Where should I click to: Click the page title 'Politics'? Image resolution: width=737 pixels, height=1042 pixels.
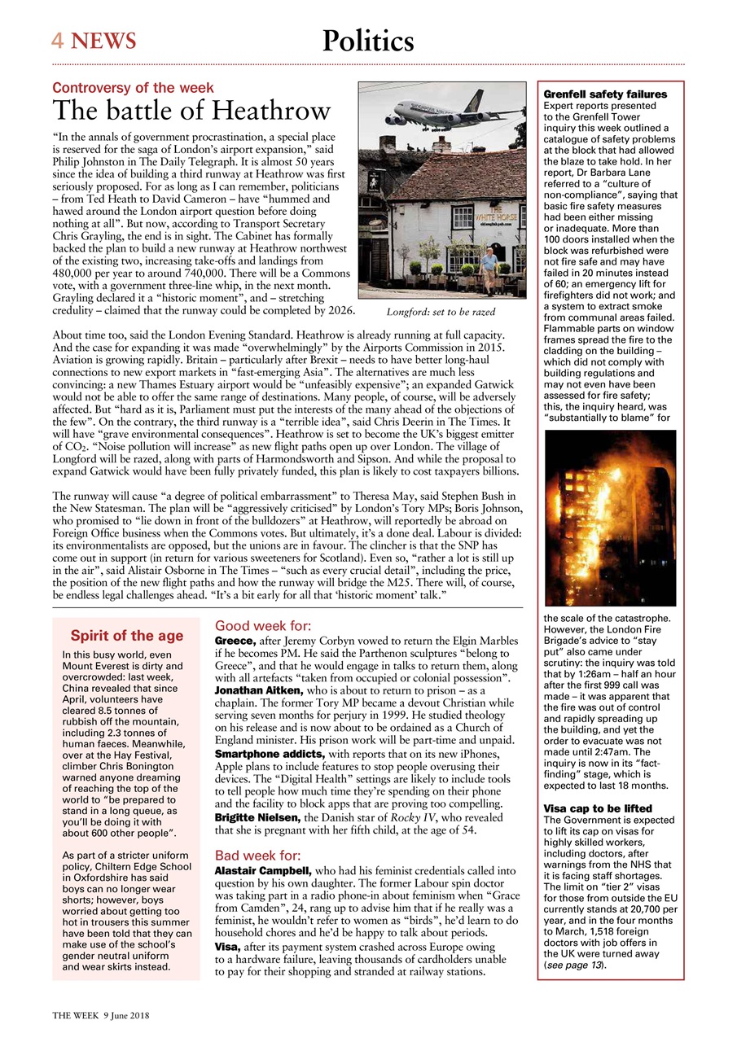[x=368, y=41]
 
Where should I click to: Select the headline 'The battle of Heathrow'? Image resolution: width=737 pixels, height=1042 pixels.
[x=191, y=111]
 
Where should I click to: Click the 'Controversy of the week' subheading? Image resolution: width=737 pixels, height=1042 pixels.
[x=133, y=88]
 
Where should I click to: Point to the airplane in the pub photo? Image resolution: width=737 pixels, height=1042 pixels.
[x=448, y=113]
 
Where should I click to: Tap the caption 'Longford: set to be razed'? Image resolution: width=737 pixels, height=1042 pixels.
[x=441, y=312]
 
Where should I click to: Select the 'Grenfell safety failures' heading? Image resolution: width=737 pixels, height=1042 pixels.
[x=605, y=94]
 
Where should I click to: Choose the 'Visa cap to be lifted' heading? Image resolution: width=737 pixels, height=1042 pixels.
[x=597, y=808]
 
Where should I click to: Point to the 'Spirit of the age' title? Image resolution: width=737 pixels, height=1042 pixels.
[x=126, y=636]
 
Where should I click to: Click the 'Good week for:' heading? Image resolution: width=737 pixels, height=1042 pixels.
[x=262, y=626]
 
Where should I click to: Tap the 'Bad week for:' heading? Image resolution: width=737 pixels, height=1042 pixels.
[x=257, y=856]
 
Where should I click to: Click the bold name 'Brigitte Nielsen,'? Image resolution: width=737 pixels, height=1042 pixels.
[x=253, y=817]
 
